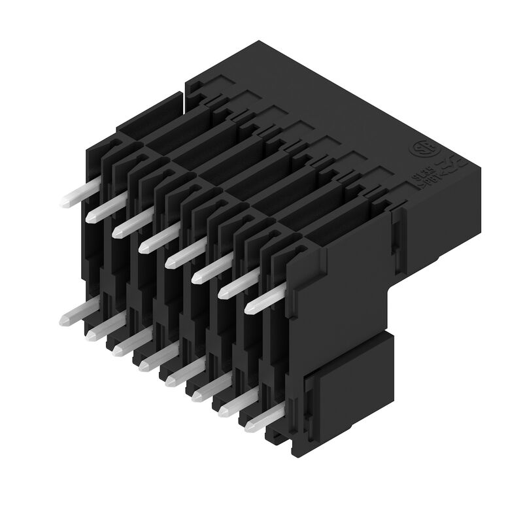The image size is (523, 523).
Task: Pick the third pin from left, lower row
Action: [x=129, y=344]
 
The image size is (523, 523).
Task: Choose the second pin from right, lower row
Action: [x=239, y=403]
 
